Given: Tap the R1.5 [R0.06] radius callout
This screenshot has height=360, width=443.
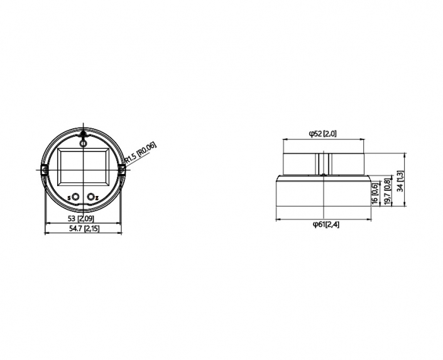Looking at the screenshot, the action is point(141,154).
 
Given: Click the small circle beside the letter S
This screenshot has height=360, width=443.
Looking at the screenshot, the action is point(75,197).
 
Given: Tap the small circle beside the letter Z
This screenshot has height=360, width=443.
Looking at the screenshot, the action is point(90,197).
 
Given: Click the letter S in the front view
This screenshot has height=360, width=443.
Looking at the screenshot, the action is point(69,198).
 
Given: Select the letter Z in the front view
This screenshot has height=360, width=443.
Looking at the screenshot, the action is point(97,198).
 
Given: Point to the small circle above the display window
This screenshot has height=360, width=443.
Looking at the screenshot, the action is point(83,143).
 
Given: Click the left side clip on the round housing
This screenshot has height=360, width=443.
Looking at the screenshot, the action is point(45,170).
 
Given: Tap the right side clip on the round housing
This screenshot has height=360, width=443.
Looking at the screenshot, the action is point(121,170).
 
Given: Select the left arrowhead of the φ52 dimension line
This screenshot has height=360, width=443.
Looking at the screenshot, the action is point(286,139).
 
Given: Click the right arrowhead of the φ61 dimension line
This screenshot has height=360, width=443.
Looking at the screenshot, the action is point(368,219).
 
